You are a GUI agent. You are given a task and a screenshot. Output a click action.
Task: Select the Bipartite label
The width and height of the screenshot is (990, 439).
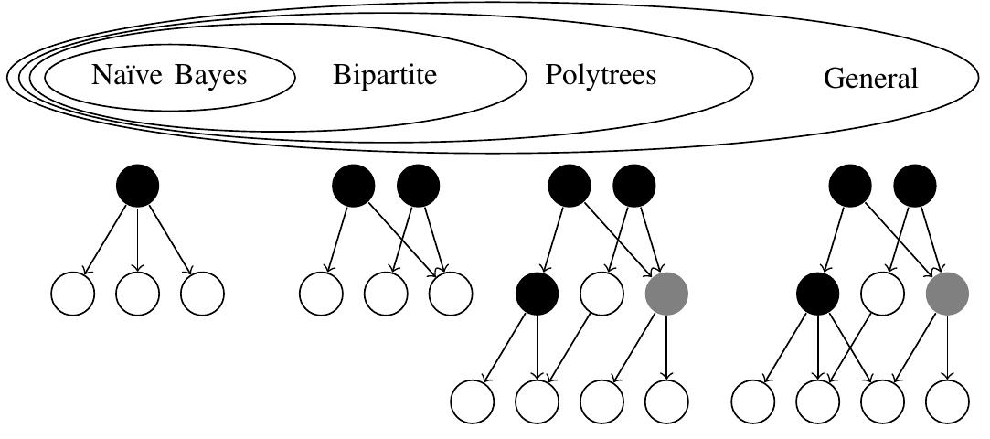[385, 75]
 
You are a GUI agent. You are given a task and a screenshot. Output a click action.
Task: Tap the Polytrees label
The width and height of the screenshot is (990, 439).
[601, 75]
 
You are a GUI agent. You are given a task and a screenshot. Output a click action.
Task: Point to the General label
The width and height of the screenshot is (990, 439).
[870, 79]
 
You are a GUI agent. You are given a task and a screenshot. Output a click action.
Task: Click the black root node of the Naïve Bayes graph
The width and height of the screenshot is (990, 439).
[138, 187]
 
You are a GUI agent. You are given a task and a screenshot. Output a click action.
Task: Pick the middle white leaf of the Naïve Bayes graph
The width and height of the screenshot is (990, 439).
[138, 294]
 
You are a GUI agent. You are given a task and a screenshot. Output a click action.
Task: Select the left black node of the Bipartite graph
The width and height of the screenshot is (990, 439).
[354, 187]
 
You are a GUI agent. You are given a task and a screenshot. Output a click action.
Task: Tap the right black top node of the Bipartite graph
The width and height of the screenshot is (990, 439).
[419, 187]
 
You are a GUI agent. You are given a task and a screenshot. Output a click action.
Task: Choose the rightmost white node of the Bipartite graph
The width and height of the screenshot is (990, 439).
[451, 294]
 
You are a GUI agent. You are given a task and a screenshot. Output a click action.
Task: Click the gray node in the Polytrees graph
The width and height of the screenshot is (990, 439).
[666, 294]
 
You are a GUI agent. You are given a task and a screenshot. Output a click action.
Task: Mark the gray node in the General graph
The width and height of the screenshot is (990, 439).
[947, 294]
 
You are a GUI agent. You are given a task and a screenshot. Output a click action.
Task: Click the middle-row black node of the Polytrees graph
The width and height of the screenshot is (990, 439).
[538, 294]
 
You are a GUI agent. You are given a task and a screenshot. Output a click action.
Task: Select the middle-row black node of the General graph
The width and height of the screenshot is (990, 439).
[818, 294]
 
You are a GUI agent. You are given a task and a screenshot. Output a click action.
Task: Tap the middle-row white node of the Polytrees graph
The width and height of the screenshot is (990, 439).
[602, 294]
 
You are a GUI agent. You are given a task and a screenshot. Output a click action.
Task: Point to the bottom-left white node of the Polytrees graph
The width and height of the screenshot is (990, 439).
[473, 401]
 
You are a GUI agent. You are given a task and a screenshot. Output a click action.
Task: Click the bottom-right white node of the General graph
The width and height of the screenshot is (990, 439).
[947, 401]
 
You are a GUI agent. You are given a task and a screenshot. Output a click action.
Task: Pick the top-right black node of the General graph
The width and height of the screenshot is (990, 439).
[915, 187]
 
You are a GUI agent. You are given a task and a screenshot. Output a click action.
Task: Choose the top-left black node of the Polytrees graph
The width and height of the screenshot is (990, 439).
[570, 187]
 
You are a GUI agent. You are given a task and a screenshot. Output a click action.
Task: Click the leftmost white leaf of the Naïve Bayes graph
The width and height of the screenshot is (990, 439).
[73, 294]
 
